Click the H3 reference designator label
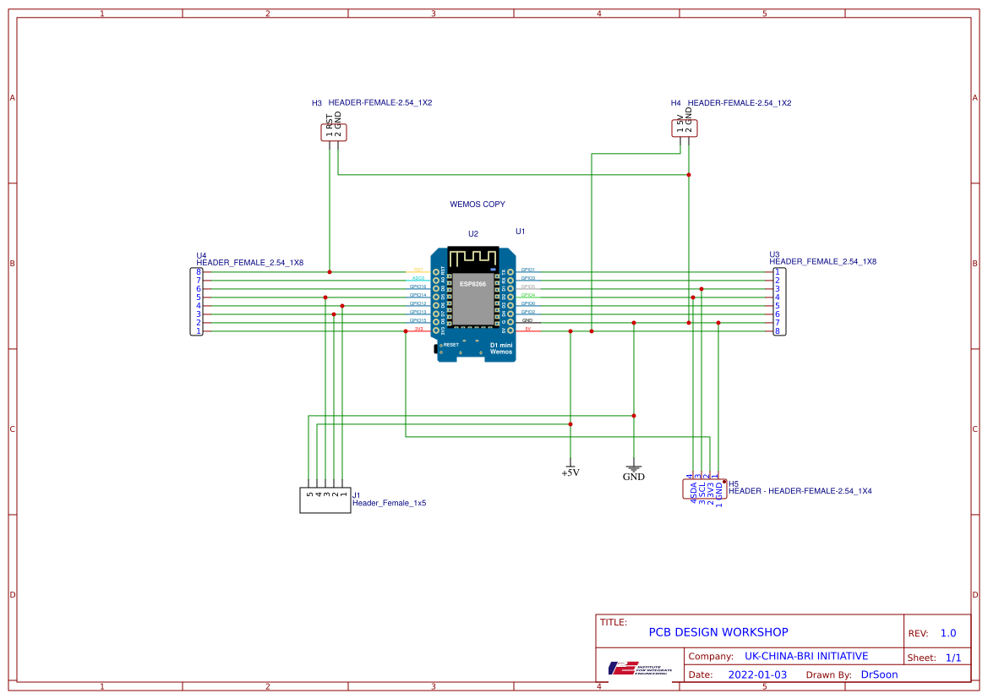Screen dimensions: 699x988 [317, 103]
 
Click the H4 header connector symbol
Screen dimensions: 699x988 [685, 128]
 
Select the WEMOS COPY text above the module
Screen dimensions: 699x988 [478, 205]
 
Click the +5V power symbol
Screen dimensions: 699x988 [570, 470]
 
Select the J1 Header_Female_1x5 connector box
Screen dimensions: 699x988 [325, 500]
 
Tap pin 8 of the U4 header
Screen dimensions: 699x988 [198, 272]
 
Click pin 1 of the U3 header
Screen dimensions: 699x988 [777, 272]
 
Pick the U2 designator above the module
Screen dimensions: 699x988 [473, 234]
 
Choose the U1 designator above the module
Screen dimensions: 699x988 [521, 232]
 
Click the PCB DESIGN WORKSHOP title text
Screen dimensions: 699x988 [718, 632]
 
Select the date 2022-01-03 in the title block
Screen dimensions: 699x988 [757, 674]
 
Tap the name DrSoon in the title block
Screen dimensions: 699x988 [879, 674]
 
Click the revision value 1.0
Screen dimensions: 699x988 [948, 633]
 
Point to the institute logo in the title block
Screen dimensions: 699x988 [640, 668]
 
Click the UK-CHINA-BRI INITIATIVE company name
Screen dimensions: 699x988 [806, 656]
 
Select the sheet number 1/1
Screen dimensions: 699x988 [953, 658]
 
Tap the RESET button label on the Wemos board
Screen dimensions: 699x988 [450, 345]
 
